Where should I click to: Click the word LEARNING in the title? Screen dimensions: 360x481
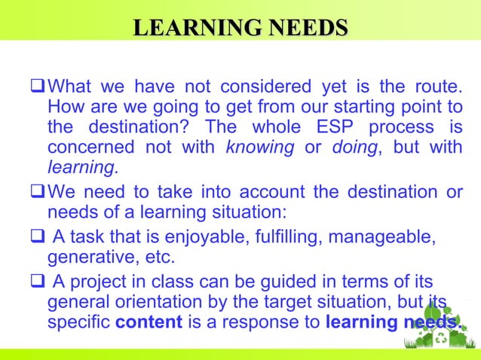[x=189, y=29]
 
